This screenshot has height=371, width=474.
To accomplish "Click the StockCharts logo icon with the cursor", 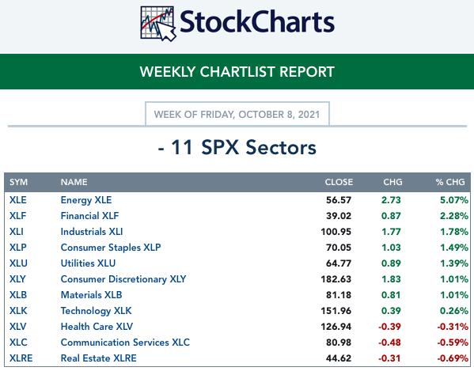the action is (x=157, y=24).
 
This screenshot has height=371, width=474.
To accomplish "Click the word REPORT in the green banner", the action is (x=307, y=72).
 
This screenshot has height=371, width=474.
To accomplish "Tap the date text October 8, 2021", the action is (x=279, y=115).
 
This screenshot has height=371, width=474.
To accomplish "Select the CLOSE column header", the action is (x=339, y=182).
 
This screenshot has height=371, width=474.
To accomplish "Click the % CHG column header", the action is (x=450, y=182).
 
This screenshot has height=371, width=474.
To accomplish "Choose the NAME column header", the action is (x=74, y=182).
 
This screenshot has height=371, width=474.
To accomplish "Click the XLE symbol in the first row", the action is (x=18, y=200).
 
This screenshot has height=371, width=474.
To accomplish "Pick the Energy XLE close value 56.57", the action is (x=339, y=200).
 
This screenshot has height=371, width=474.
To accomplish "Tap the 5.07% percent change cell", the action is (x=454, y=200).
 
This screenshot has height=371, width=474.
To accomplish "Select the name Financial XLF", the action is (x=89, y=216).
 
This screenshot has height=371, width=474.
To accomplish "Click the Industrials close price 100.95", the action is (x=336, y=232).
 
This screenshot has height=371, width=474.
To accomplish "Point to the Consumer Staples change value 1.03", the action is (x=391, y=248).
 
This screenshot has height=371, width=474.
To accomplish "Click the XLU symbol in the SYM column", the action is (x=18, y=263).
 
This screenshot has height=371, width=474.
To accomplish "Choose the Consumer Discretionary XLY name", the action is (x=123, y=279).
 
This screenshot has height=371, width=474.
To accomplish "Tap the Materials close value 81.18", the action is (x=339, y=295).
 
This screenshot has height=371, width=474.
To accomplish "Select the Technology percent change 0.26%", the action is (x=454, y=311).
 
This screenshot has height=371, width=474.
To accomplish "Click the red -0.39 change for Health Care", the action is (x=389, y=327).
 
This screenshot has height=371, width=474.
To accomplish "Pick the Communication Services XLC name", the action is (x=125, y=343).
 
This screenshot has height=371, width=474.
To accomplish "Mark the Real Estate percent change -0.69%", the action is (x=453, y=358).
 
